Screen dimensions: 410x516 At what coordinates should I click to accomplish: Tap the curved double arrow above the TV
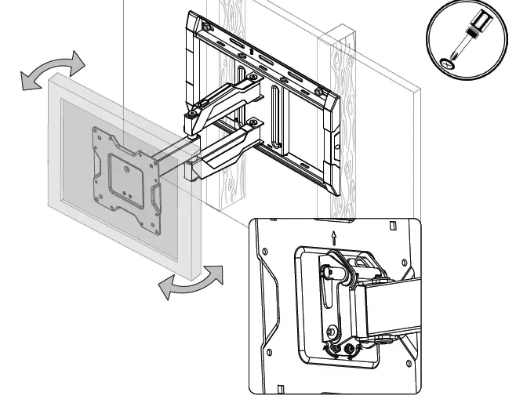pos(52,71)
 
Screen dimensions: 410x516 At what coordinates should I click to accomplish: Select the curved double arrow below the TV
pos(191,282)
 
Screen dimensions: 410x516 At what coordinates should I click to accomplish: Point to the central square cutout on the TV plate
pos(122,167)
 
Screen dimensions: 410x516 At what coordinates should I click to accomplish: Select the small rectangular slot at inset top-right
pos(393,227)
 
